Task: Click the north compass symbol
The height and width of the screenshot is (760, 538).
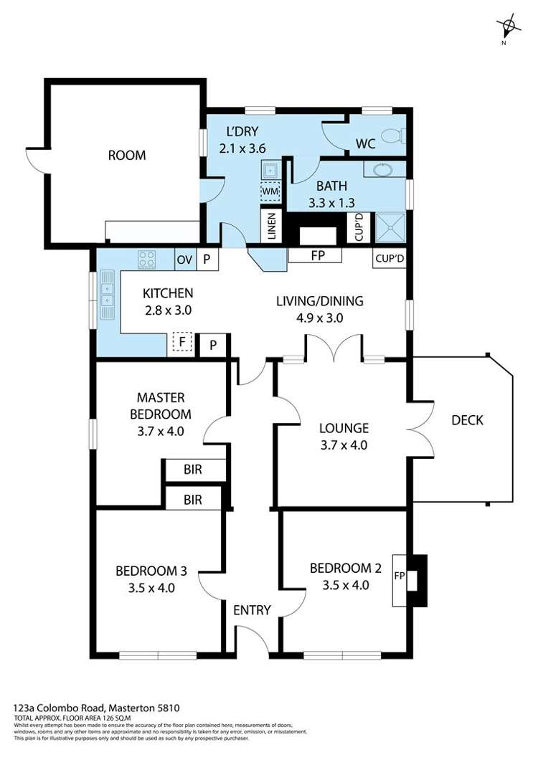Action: [508, 27]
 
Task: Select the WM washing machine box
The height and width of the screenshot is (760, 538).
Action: [270, 191]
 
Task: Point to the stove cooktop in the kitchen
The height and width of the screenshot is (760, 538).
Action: [146, 260]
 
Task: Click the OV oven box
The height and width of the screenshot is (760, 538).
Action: [184, 260]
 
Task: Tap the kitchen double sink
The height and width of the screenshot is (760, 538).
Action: [107, 295]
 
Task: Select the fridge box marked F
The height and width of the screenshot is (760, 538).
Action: [182, 342]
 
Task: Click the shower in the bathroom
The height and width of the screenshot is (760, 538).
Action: [390, 227]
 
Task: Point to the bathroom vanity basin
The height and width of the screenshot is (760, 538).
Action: [384, 170]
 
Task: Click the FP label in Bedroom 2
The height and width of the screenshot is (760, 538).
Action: [400, 576]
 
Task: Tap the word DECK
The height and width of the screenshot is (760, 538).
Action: [467, 420]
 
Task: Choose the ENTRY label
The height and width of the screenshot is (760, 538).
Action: [252, 609]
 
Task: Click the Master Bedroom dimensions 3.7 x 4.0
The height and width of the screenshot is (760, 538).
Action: [161, 431]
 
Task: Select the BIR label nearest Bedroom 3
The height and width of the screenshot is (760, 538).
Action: [192, 500]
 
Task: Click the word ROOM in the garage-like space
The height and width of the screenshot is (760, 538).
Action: [127, 155]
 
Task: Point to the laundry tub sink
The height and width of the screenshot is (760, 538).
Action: [270, 170]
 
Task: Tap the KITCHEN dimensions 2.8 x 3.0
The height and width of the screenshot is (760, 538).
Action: [168, 310]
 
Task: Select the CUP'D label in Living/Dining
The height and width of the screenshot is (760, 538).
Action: [390, 259]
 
